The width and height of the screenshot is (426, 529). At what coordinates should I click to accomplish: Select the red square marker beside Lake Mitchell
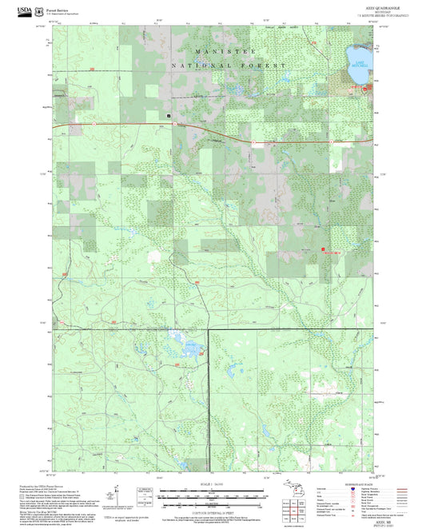click(364, 88)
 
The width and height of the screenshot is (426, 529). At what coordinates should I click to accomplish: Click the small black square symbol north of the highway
click(169, 115)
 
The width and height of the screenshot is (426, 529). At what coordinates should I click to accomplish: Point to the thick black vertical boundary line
click(209, 384)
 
